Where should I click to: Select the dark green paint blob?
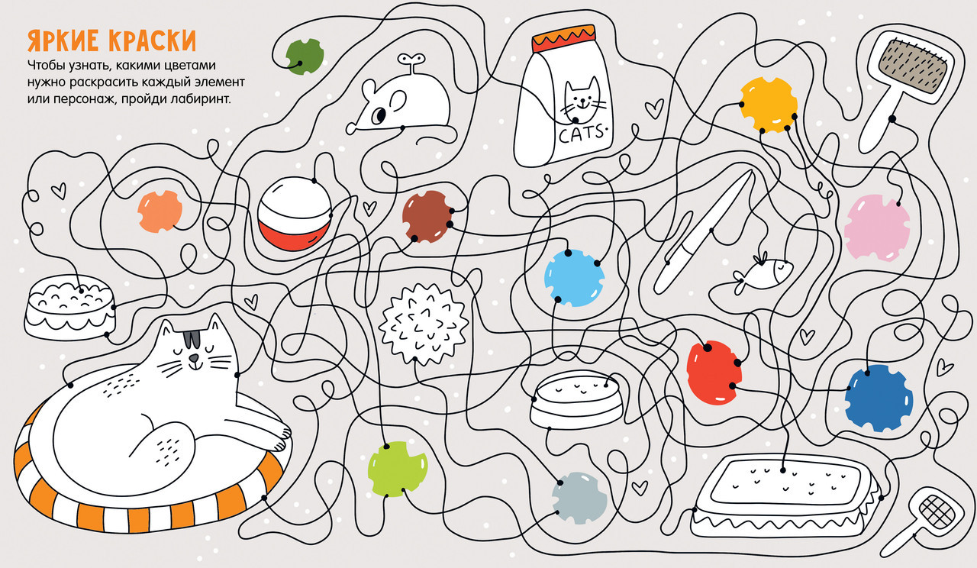click(305, 56)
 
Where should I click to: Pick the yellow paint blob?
click(769, 105)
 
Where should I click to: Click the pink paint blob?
click(877, 228)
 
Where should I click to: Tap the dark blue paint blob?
click(879, 398)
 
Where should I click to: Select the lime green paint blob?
click(398, 469)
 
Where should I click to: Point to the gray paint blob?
click(579, 499)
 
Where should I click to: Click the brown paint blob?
click(427, 216)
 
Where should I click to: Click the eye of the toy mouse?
click(380, 115)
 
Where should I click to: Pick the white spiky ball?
click(424, 324)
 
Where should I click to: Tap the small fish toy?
click(763, 273)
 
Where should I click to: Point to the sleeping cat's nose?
click(194, 358)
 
